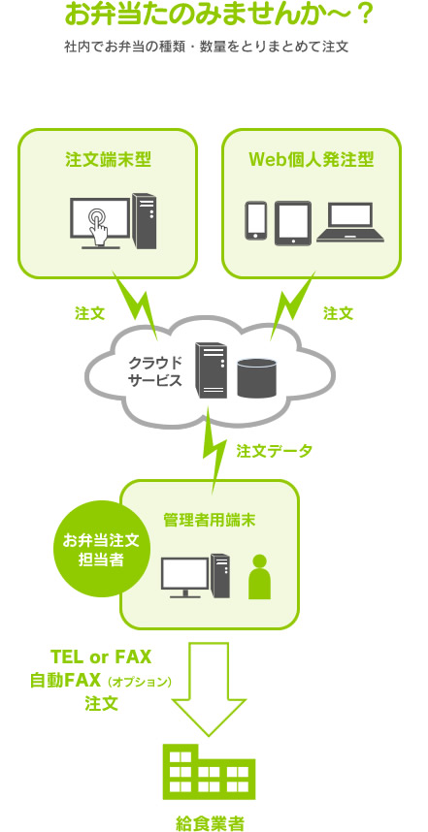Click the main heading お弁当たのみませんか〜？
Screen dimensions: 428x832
(x=219, y=15)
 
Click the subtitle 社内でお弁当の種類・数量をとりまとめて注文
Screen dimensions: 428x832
(x=206, y=47)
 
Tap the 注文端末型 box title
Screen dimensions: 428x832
(x=109, y=159)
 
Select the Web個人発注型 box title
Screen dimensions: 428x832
(x=312, y=159)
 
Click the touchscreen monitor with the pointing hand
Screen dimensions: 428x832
(x=100, y=223)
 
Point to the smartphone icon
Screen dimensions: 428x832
(x=256, y=221)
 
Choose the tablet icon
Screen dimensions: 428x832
(x=292, y=223)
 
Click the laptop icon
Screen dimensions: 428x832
(x=350, y=222)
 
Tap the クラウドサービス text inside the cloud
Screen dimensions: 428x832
(x=155, y=371)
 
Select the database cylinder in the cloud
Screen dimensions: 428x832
(x=257, y=378)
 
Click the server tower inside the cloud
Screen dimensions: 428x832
(x=211, y=369)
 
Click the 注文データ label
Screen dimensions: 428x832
(x=275, y=451)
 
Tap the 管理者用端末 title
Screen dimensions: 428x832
(x=210, y=521)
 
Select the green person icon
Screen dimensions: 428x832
(x=260, y=577)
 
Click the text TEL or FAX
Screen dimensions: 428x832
(x=101, y=656)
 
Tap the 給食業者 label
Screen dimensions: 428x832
(x=210, y=823)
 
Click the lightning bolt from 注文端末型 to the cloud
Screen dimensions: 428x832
(x=135, y=304)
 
